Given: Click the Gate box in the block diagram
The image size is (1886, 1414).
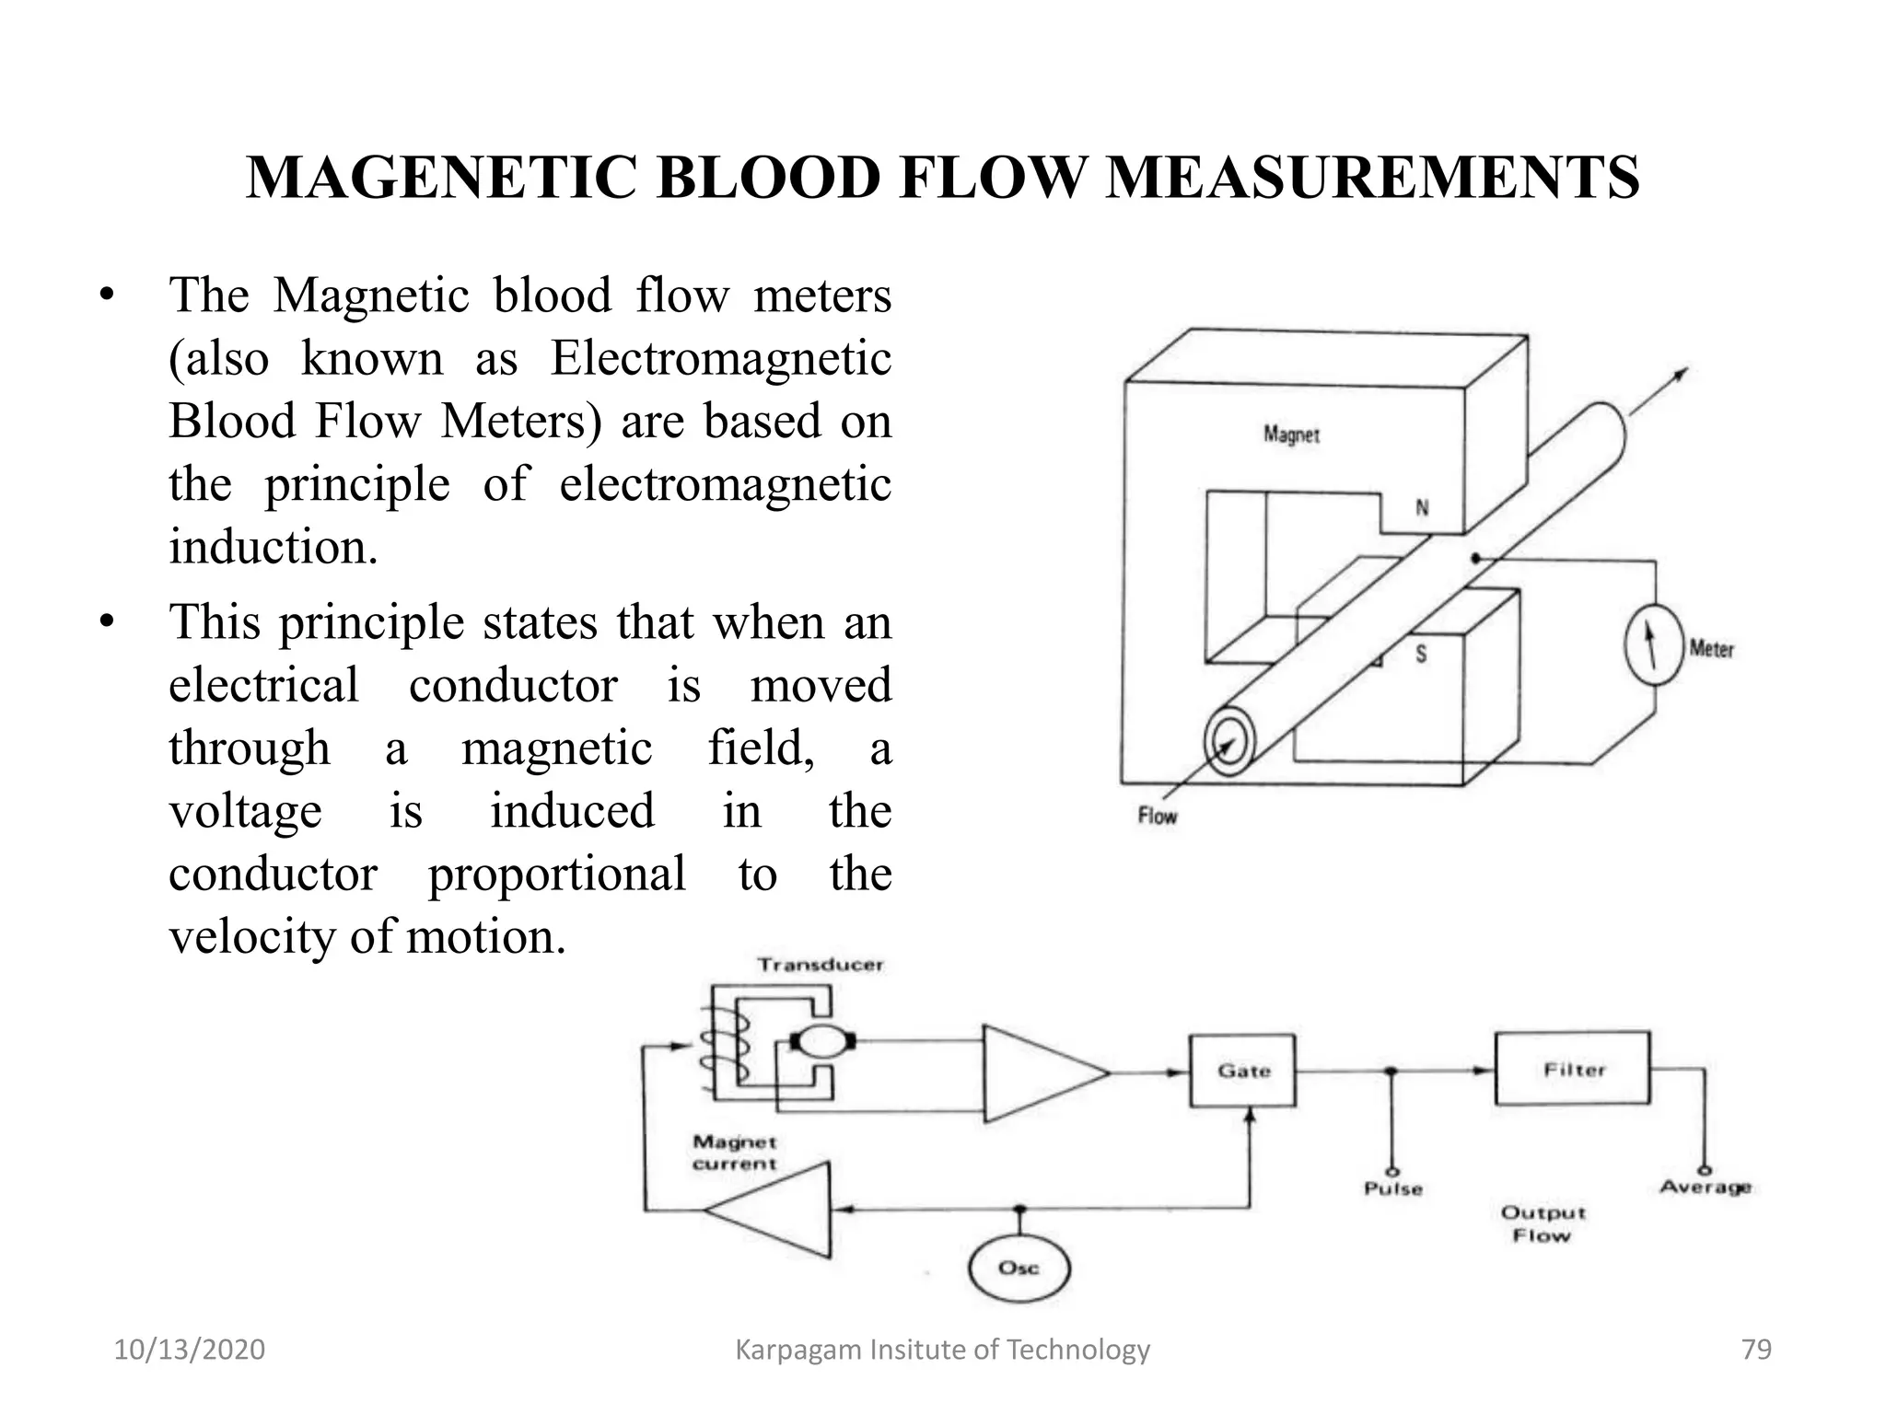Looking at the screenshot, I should click(x=1242, y=1071).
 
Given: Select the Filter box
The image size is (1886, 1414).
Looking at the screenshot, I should click(x=1572, y=1069).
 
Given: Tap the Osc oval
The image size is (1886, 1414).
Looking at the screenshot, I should click(x=1019, y=1269).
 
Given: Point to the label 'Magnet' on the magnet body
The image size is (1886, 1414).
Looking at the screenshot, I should click(x=1291, y=434).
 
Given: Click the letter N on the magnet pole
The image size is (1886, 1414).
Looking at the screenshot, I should click(x=1422, y=507).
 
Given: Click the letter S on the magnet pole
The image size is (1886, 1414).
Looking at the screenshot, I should click(x=1421, y=655).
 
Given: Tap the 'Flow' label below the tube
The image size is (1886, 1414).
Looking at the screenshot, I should click(x=1158, y=816).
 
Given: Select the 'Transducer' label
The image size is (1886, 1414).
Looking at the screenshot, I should click(x=820, y=965).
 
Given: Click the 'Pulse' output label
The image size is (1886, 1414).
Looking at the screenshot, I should click(x=1392, y=1188).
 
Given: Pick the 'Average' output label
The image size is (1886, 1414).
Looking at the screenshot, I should click(x=1705, y=1188).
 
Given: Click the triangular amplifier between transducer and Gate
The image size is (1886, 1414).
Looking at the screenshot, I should click(x=1036, y=1072).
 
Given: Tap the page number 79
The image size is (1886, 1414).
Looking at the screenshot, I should click(x=1756, y=1350).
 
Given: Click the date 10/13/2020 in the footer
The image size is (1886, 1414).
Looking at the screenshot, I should click(x=189, y=1350).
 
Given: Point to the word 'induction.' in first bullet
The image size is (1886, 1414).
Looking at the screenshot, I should click(x=274, y=547).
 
